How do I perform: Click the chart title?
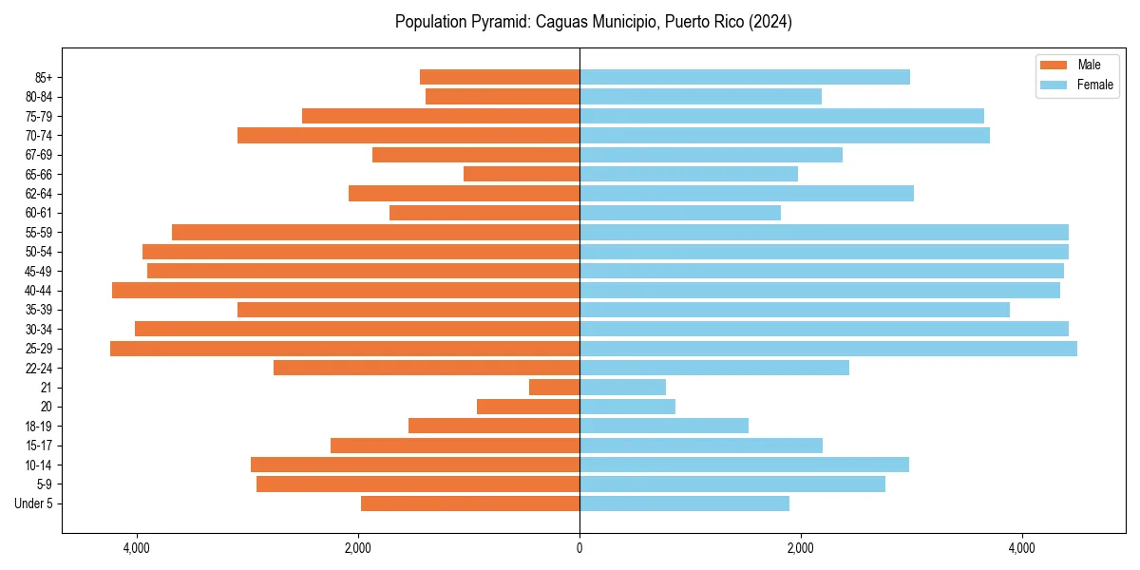[593, 22]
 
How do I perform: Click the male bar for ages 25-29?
[345, 349]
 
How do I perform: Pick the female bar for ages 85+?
[745, 77]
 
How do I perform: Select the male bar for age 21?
[554, 387]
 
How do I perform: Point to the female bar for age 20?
[627, 407]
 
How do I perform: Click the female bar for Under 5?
[684, 503]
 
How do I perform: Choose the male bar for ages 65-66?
[522, 174]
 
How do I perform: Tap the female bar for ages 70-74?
[785, 135]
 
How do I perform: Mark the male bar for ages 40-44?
[346, 290]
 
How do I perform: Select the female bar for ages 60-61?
[680, 213]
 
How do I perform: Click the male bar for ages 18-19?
[494, 426]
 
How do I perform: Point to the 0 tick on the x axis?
[579, 548]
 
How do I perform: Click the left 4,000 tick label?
[137, 548]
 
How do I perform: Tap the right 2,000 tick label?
[800, 548]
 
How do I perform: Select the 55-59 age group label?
[39, 232]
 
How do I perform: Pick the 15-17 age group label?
[39, 446]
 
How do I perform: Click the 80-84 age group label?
[39, 97]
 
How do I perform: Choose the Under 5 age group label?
[34, 503]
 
